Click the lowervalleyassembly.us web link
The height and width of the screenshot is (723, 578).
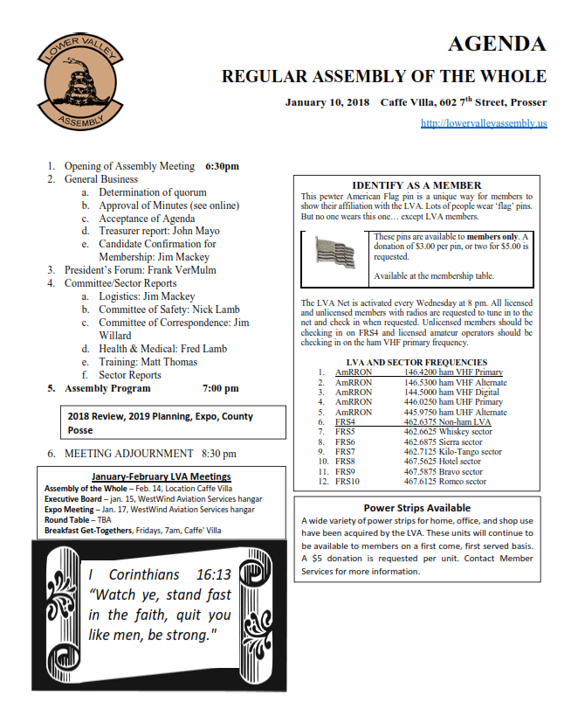(483, 124)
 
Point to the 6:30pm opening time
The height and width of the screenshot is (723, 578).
(222, 166)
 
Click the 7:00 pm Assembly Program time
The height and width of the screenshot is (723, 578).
(220, 388)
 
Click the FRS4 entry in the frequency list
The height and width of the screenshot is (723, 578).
(346, 422)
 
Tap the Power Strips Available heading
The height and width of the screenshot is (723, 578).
(416, 508)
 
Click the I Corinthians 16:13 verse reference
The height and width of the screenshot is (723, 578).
(160, 575)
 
